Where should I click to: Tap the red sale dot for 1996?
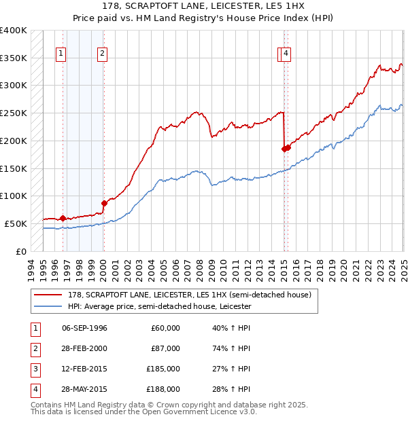[63, 218]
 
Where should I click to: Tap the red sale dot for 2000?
[104, 202]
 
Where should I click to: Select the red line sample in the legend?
[47, 295]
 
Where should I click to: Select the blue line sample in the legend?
[47, 306]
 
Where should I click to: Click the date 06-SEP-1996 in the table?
[84, 328]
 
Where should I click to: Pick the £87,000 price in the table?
[166, 348]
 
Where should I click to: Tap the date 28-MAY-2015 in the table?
[84, 389]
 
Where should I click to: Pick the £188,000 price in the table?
[164, 389]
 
